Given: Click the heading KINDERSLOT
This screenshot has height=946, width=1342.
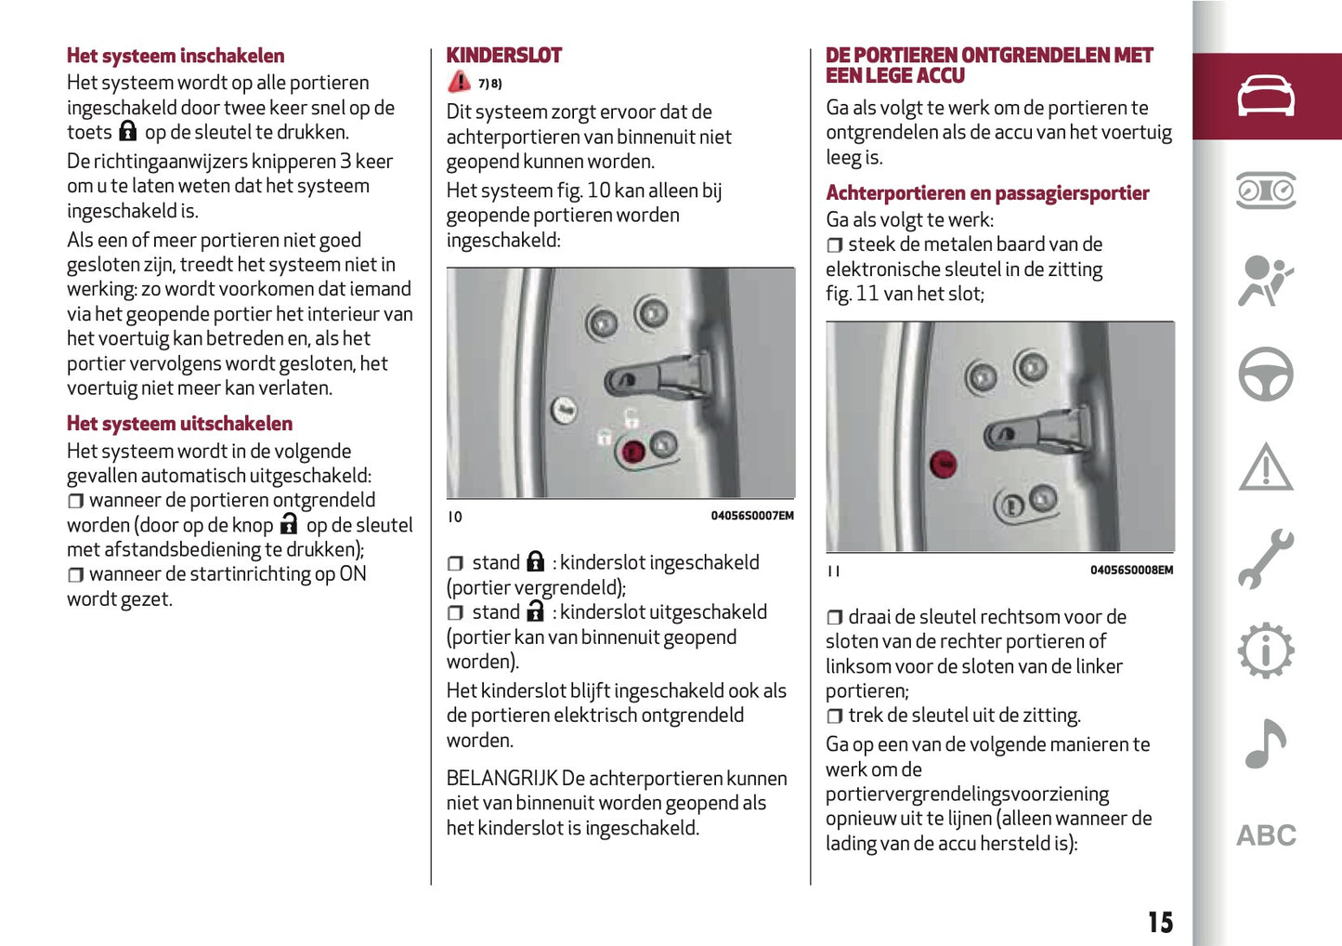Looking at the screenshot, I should (503, 56).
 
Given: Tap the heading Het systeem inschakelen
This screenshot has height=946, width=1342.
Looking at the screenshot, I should (176, 56).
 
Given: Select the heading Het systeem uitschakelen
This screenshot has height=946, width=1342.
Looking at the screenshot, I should (179, 424).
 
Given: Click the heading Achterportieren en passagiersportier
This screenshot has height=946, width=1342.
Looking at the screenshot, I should (987, 193).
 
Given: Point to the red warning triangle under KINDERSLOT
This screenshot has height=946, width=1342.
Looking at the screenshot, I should (459, 82).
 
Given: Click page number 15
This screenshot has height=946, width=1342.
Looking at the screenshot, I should (1160, 922).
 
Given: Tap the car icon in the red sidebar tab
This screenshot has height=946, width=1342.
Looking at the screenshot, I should (1265, 96).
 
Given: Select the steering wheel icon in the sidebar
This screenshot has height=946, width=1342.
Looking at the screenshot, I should (1265, 374).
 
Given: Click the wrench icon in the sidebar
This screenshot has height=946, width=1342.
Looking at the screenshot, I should (1265, 558).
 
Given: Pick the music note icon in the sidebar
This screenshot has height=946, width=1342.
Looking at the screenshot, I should (1265, 743).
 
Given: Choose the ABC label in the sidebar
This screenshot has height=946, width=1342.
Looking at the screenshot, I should (1265, 835).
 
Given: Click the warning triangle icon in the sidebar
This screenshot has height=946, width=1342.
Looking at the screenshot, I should (1265, 466).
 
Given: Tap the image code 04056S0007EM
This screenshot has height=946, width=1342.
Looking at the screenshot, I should (752, 516).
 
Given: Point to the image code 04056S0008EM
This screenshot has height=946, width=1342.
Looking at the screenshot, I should (1131, 570).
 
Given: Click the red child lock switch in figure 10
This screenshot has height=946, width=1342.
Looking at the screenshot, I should (632, 453).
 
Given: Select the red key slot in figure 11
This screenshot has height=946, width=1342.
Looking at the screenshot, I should (943, 463).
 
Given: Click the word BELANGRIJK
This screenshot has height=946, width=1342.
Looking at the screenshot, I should (502, 779).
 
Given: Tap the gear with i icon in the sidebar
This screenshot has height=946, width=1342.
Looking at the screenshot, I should (1265, 650).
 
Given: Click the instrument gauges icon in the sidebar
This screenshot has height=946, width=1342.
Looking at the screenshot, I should (1265, 191).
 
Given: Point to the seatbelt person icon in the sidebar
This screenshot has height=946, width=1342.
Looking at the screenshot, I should (1265, 281).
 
